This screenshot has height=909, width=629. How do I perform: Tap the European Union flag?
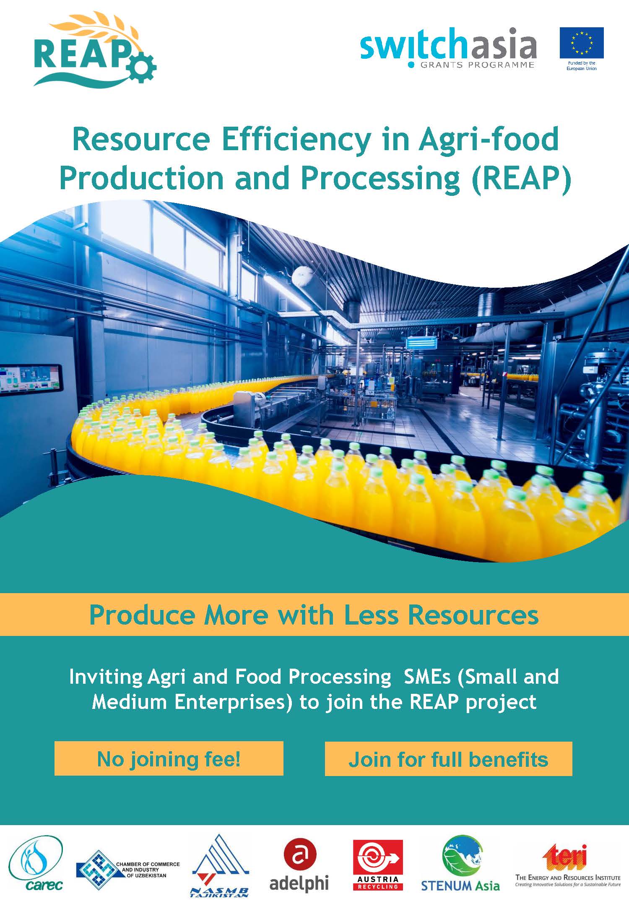click(x=582, y=43)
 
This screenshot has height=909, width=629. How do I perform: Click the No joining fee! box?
click(x=169, y=759)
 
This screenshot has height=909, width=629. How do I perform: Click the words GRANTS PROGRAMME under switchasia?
click(x=477, y=65)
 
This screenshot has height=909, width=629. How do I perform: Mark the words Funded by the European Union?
click(x=582, y=65)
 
